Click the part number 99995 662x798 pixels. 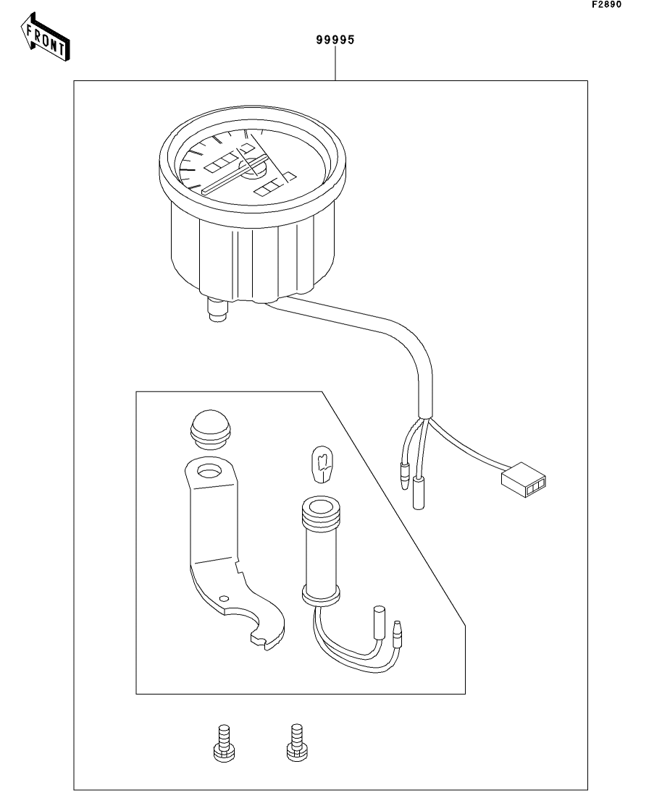click(335, 40)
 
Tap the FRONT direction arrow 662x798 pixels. click(46, 37)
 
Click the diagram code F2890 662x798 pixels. click(606, 4)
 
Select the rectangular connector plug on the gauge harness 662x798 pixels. click(524, 480)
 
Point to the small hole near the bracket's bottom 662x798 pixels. click(223, 598)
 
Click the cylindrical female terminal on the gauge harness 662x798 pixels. click(418, 493)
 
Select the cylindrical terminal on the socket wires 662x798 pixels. click(380, 622)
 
